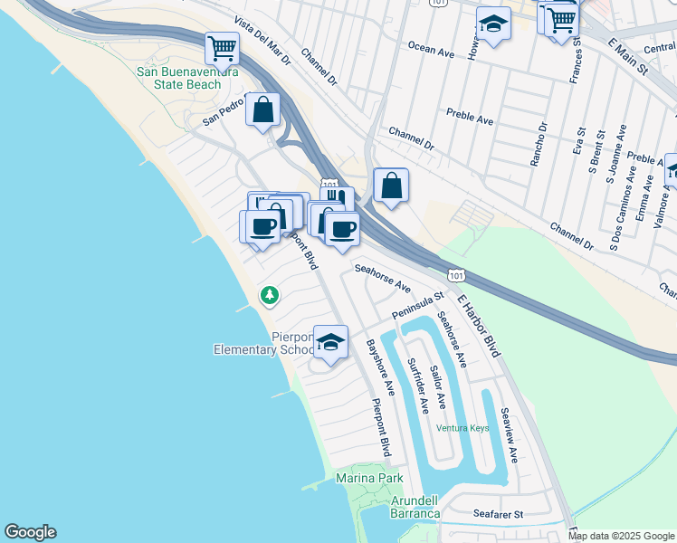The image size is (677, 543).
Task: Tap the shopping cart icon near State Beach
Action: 221,48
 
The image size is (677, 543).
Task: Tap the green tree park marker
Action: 269,295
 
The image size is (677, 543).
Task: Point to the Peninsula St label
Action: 418,305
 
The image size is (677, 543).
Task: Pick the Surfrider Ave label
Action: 417,384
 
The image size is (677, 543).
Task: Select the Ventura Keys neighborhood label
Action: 462,428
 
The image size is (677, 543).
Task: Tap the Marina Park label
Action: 368,478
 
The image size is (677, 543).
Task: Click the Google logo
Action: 30,532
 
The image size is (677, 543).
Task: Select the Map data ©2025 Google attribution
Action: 620,536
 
